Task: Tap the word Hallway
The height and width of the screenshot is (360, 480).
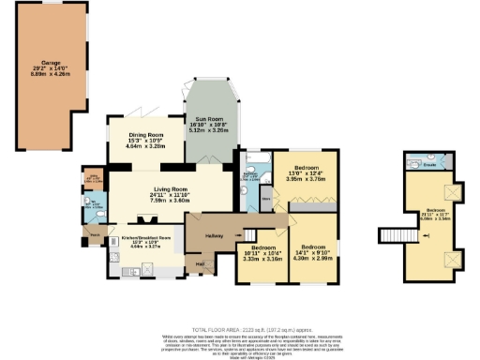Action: tap(211, 236)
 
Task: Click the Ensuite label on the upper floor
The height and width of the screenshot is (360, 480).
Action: tap(439, 165)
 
